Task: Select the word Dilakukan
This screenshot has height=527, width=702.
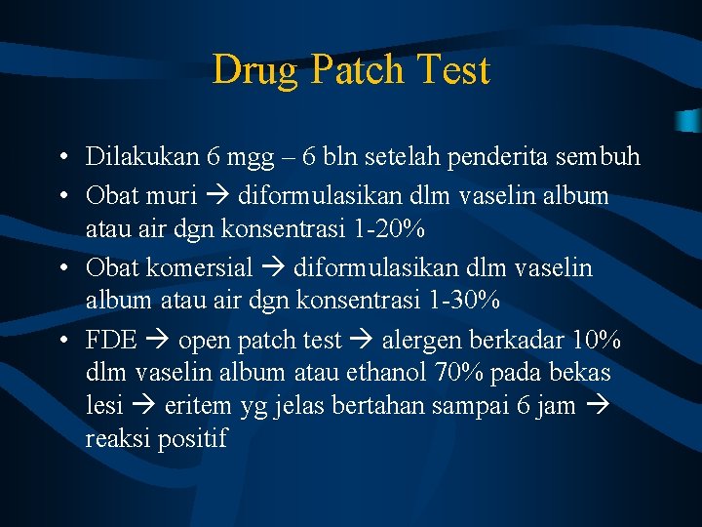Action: (142, 156)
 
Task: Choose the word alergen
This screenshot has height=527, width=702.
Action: (425, 341)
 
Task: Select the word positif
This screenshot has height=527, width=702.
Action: (195, 439)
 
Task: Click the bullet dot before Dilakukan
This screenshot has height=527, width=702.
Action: (61, 157)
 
